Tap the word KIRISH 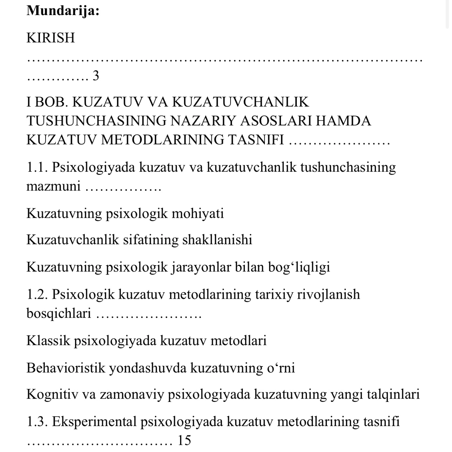tap(51, 38)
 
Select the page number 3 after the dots tap(96, 76)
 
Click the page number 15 tap(184, 440)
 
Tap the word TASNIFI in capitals tap(256, 140)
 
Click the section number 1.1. tap(37, 167)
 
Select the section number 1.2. tap(37, 294)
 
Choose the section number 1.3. tap(37, 421)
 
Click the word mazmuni tap(53, 186)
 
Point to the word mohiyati tap(197, 214)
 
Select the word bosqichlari tap(59, 313)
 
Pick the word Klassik tap(48, 341)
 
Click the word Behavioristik tap(65, 368)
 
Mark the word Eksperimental tap(94, 421)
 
